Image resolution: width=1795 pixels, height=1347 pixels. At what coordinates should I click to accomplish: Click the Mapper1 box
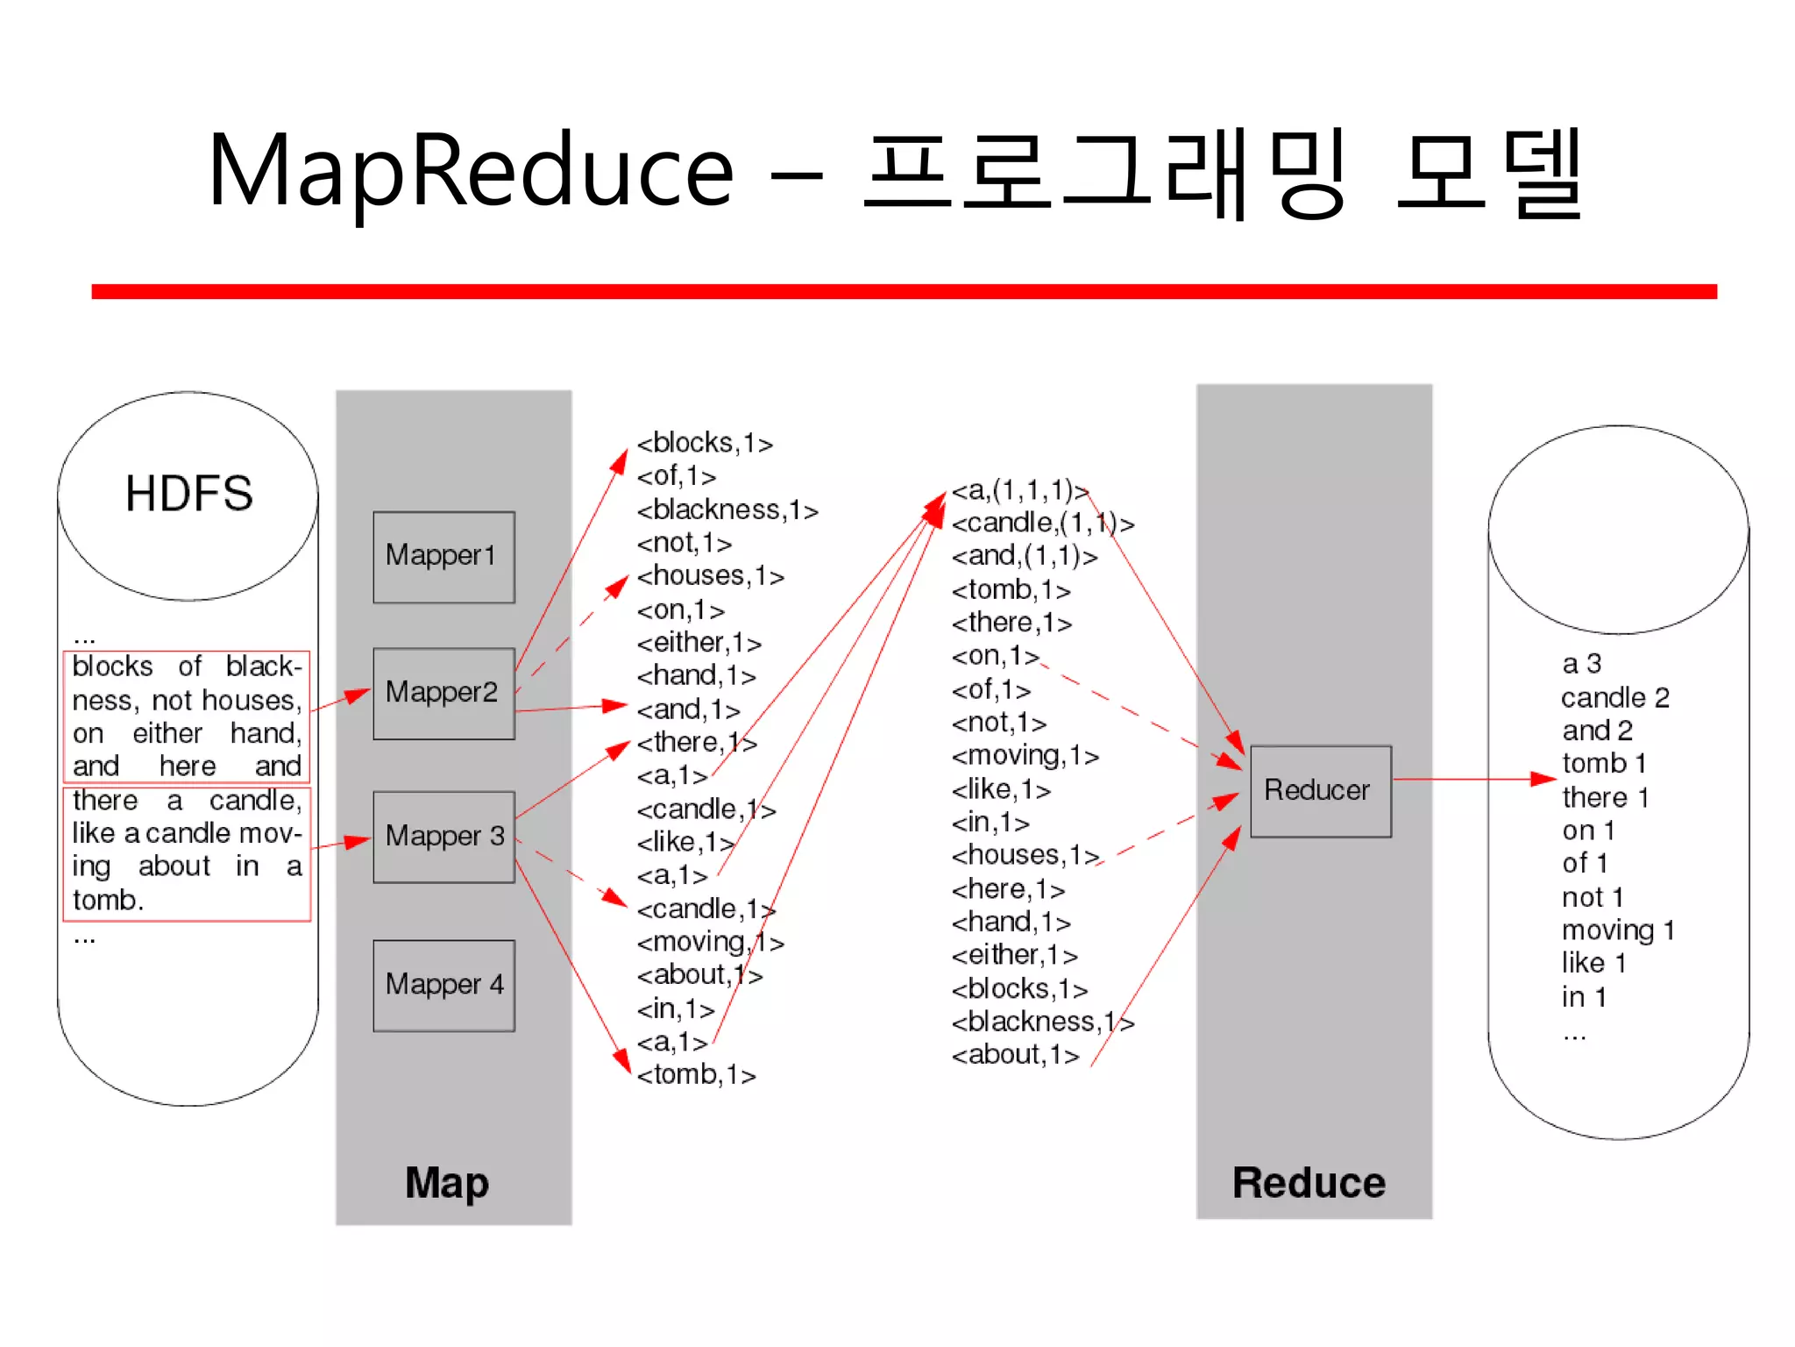point(443,557)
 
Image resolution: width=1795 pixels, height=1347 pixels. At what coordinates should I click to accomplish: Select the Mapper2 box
point(443,693)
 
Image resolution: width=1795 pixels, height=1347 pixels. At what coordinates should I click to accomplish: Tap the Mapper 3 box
point(443,837)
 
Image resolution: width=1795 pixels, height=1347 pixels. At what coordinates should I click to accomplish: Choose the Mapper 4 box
point(443,985)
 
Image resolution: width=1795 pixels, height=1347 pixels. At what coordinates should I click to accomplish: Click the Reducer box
point(1320,790)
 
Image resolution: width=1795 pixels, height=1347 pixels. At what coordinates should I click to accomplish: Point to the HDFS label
point(188,493)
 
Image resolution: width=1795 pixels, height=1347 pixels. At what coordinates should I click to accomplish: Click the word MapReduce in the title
point(471,171)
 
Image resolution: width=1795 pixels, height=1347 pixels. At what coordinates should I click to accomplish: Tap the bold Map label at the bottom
point(446,1182)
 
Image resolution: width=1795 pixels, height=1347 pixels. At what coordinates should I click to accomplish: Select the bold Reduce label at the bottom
point(1309,1182)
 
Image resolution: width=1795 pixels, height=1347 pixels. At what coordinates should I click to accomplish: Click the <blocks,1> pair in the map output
point(705,444)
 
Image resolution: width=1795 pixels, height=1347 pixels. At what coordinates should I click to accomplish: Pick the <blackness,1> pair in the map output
point(727,510)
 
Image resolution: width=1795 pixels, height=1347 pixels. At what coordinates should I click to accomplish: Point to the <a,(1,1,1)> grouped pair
point(1020,490)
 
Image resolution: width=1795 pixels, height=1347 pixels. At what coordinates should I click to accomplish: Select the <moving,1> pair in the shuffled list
point(1025,756)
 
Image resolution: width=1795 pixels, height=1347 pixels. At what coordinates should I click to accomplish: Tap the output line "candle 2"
point(1614,698)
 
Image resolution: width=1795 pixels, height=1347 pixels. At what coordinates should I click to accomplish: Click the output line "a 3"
point(1581,664)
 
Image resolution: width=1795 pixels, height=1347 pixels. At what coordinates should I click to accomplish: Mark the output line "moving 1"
point(1618,930)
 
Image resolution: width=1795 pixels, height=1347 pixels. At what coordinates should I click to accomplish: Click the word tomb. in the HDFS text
point(108,901)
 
